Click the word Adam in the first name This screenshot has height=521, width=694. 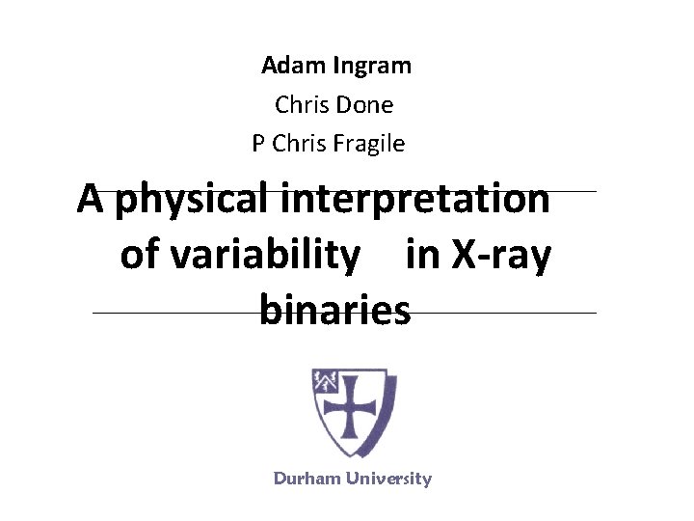[294, 66]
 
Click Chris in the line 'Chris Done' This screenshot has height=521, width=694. [302, 104]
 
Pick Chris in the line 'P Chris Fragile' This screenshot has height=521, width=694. [300, 144]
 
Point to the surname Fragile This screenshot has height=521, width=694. [369, 144]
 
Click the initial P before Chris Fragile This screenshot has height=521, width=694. [258, 144]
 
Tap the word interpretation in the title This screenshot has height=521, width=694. [416, 200]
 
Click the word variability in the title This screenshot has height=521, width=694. [255, 255]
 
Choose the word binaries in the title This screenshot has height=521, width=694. [334, 311]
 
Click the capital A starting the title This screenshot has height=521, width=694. [92, 199]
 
